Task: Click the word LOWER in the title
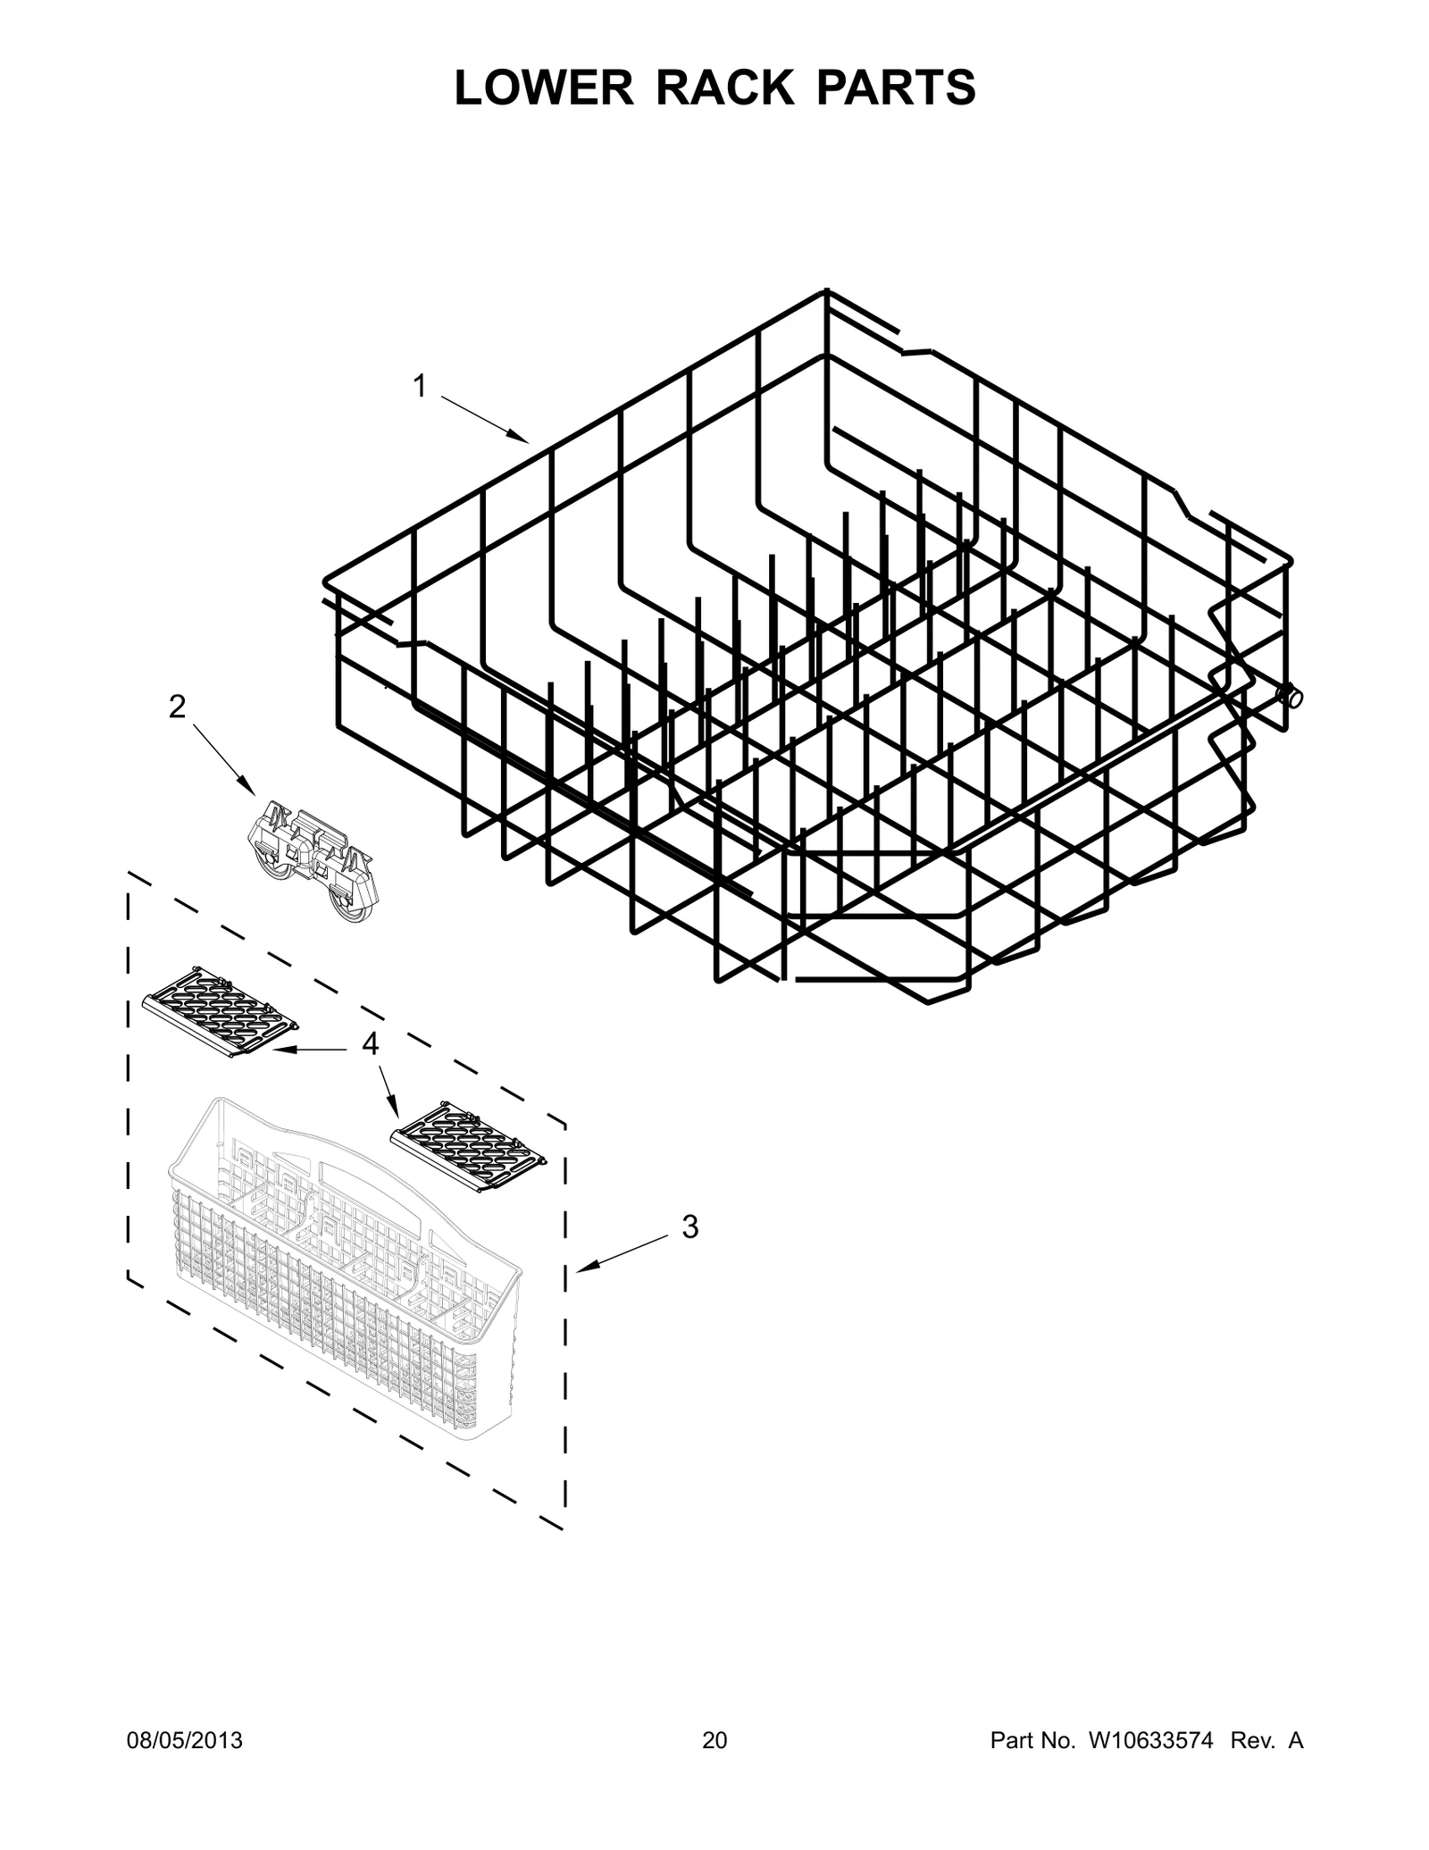(533, 88)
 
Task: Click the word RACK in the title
(723, 88)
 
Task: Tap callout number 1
(419, 387)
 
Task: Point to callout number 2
(177, 707)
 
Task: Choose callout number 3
(689, 1227)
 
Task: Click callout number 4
(370, 1042)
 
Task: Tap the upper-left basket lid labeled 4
(219, 1010)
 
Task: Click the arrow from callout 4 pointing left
(308, 1051)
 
